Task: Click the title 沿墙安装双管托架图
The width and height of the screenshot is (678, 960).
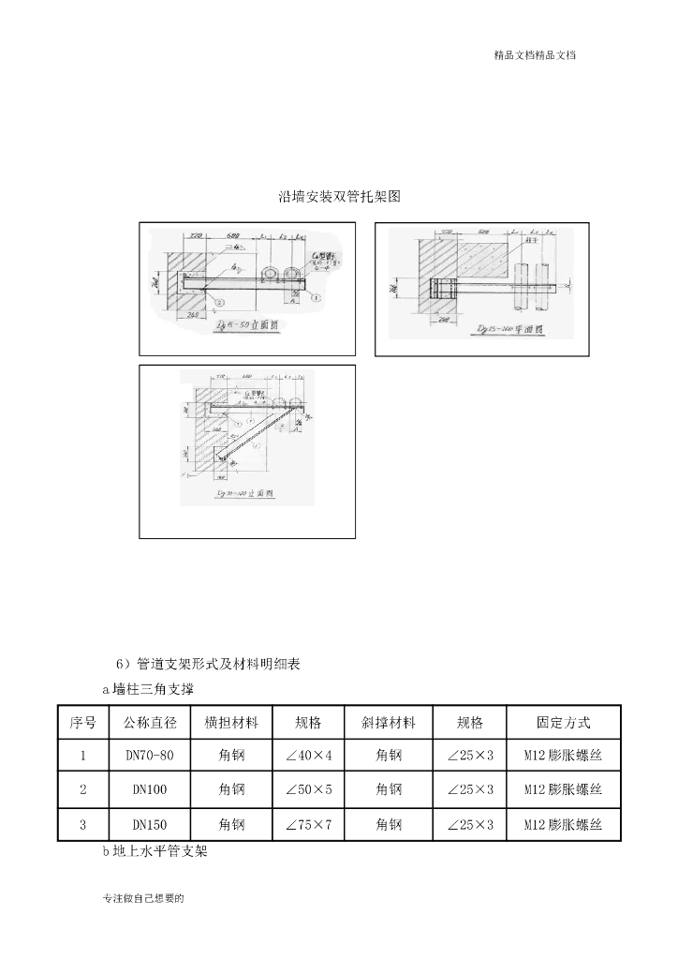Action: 339,197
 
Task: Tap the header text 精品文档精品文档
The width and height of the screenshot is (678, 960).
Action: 535,55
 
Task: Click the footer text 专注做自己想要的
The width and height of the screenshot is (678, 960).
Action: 143,898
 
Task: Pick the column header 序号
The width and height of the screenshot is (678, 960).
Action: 83,723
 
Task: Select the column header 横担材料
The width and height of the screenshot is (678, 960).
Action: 231,723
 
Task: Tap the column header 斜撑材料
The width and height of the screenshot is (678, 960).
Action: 388,723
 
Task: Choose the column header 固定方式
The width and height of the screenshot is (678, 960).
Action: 563,723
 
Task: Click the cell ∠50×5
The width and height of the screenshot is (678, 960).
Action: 309,790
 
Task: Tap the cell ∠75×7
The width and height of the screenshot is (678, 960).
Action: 309,825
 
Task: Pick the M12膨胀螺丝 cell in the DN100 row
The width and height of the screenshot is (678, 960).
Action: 563,790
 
